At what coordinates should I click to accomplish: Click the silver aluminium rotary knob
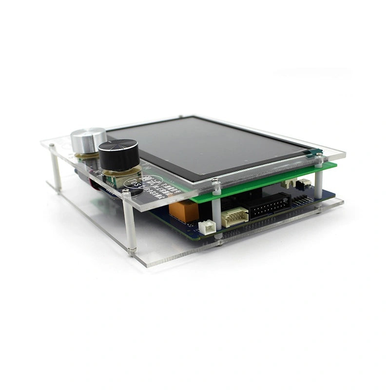(x=88, y=139)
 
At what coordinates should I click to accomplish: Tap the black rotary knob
(x=117, y=153)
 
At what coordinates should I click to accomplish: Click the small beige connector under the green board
(x=290, y=183)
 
